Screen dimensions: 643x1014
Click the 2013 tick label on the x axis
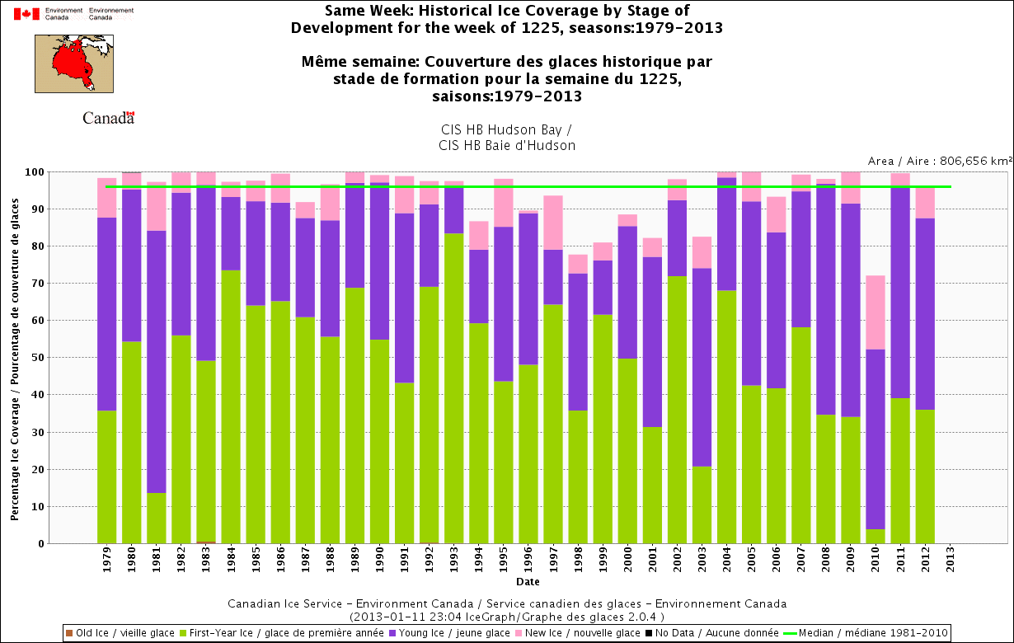(950, 568)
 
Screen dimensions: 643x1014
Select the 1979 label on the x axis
(107, 568)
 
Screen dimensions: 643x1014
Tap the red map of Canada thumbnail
(73, 63)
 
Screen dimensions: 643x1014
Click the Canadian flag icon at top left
(27, 13)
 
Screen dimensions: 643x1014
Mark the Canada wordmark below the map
(108, 118)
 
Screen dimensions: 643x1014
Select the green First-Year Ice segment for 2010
(875, 536)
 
